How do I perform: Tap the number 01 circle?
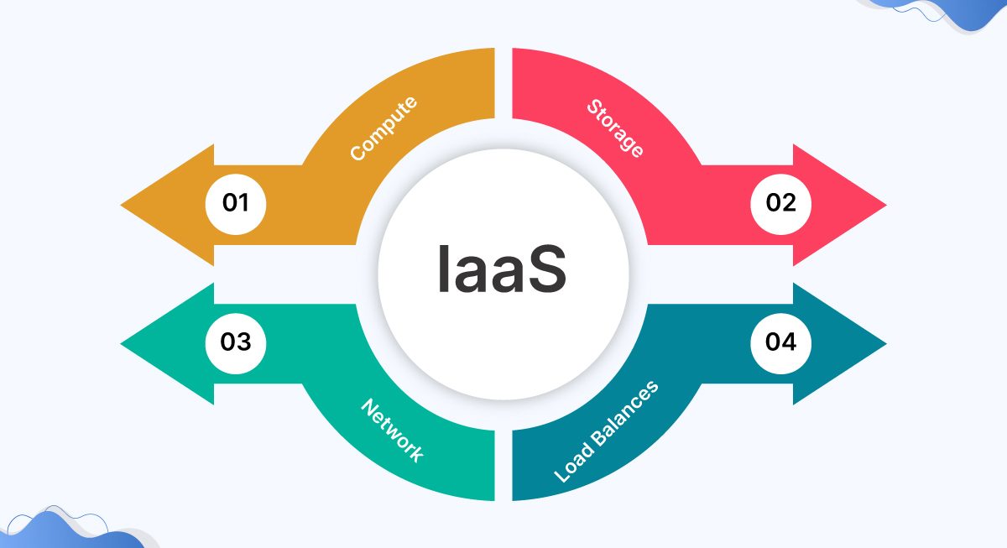tap(236, 203)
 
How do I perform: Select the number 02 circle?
tap(780, 203)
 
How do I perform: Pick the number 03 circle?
tap(236, 342)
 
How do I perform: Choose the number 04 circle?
tap(780, 342)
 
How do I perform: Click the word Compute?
tap(383, 129)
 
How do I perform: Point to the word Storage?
tap(616, 128)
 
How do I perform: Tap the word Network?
tap(392, 430)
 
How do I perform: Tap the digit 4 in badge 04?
tap(790, 342)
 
